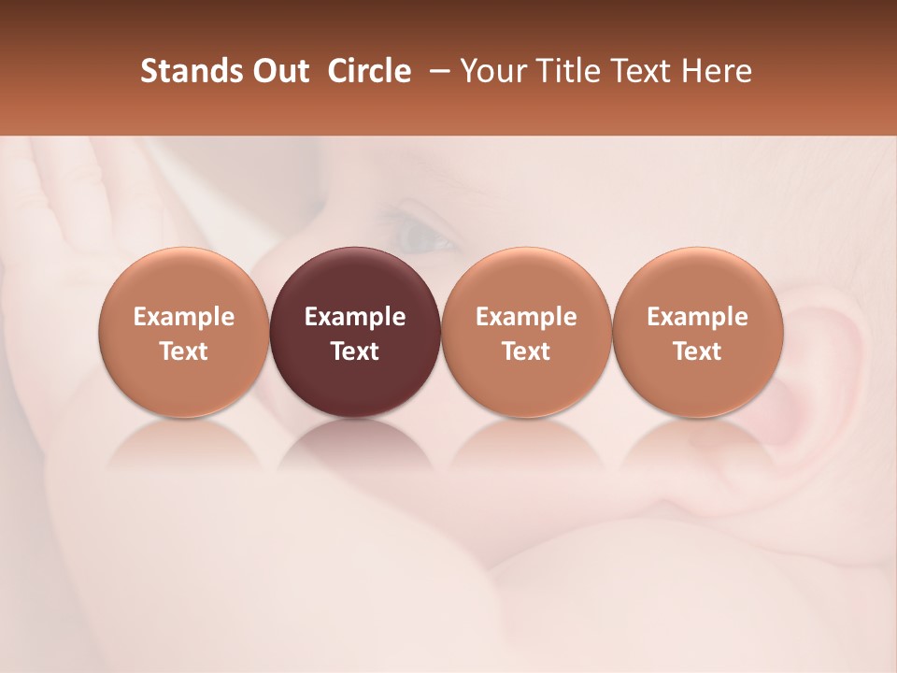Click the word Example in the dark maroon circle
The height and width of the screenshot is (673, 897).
pos(355,317)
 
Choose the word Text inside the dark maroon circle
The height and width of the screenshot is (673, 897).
pos(355,351)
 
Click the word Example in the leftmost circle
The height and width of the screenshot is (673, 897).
pos(184,317)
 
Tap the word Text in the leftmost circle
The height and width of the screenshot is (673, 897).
pos(184,351)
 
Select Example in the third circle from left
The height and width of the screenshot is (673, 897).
pos(526,317)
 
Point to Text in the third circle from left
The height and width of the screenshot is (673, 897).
pos(526,351)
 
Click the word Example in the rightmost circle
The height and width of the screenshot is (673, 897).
pos(697,317)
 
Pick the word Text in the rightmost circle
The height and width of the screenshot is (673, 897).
pos(697,351)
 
